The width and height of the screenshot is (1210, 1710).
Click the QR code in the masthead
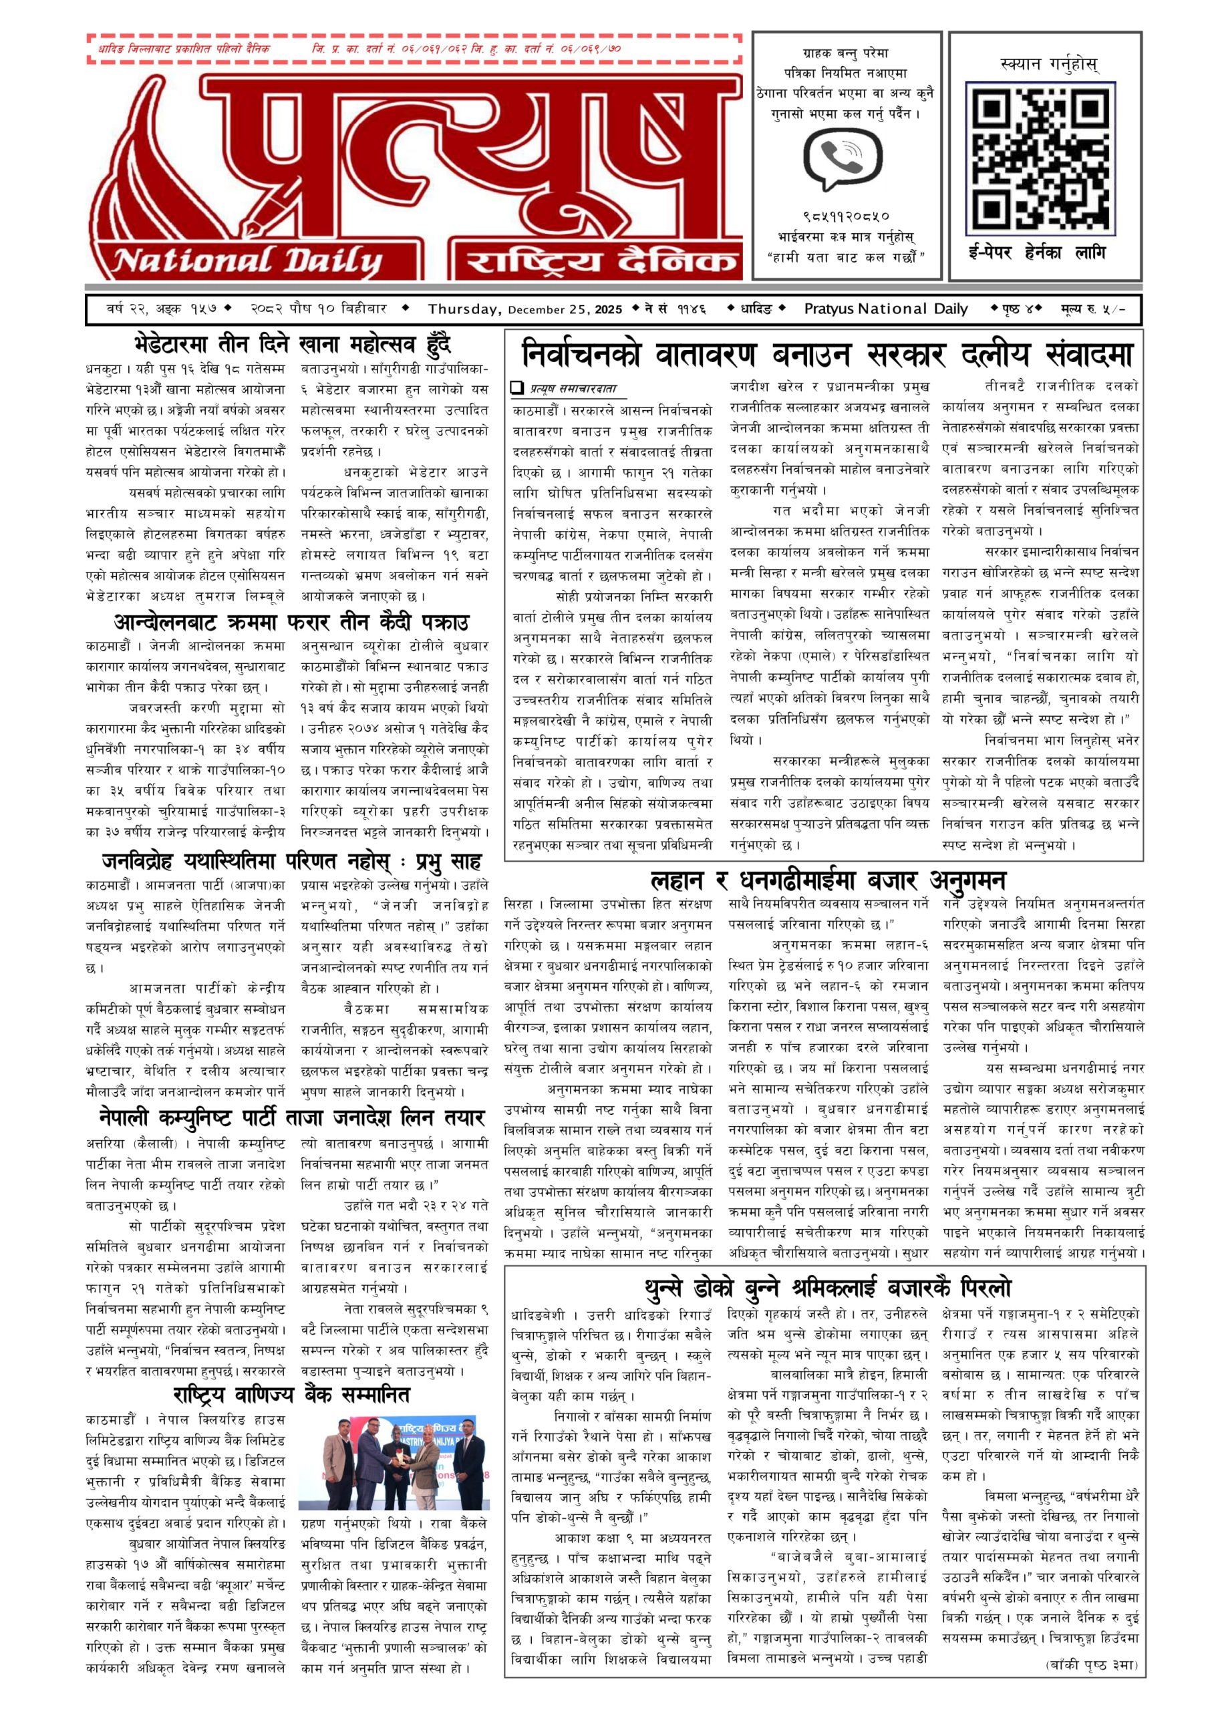click(1040, 157)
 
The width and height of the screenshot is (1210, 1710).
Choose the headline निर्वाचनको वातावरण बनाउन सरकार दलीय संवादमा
click(827, 354)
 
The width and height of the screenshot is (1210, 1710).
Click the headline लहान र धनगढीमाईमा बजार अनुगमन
click(827, 880)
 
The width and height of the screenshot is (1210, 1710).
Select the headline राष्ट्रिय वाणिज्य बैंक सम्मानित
click(291, 1393)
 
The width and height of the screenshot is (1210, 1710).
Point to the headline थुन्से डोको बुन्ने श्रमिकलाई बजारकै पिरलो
click(827, 1287)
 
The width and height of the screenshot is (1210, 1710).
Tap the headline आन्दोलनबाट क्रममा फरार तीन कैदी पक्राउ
click(291, 621)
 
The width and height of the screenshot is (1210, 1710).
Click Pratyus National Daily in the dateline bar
click(885, 309)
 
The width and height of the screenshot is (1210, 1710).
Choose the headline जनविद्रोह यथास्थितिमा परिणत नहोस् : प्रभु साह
click(291, 862)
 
